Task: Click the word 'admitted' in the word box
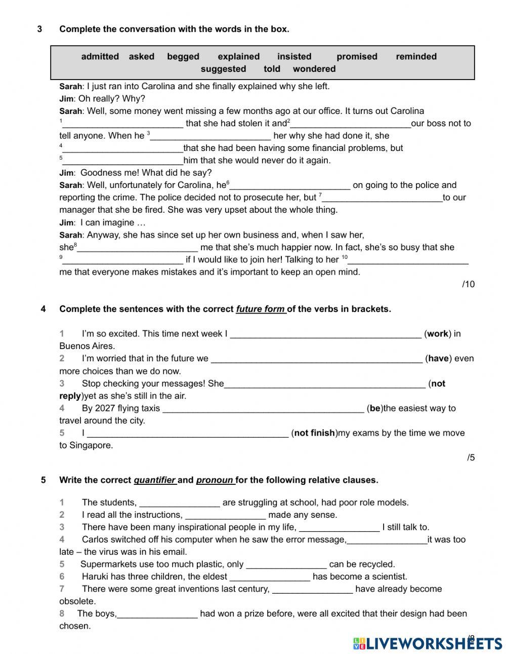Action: pyautogui.click(x=100, y=57)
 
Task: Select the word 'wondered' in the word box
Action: pyautogui.click(x=314, y=69)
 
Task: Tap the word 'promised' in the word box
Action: pyautogui.click(x=357, y=57)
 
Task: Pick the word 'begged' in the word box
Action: pyautogui.click(x=183, y=57)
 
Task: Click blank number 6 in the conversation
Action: pyautogui.click(x=290, y=186)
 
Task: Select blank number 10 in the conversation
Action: pyautogui.click(x=408, y=260)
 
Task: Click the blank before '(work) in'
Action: pyautogui.click(x=326, y=334)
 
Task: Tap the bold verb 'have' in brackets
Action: pyautogui.click(x=438, y=359)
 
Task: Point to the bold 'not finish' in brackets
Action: pyautogui.click(x=314, y=433)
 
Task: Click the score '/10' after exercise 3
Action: pyautogui.click(x=468, y=284)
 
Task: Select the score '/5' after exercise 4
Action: pyautogui.click(x=471, y=458)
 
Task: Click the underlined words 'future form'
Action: pyautogui.click(x=261, y=309)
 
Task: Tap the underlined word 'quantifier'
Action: pyautogui.click(x=154, y=480)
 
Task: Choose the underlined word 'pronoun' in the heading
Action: pyautogui.click(x=215, y=480)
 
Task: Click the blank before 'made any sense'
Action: pyautogui.click(x=225, y=516)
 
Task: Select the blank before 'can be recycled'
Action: pyautogui.click(x=286, y=565)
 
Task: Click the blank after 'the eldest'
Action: pyautogui.click(x=270, y=578)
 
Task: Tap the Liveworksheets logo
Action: pyautogui.click(x=428, y=643)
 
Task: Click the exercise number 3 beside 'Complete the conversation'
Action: pyautogui.click(x=39, y=29)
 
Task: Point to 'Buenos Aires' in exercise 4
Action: pyautogui.click(x=87, y=347)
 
